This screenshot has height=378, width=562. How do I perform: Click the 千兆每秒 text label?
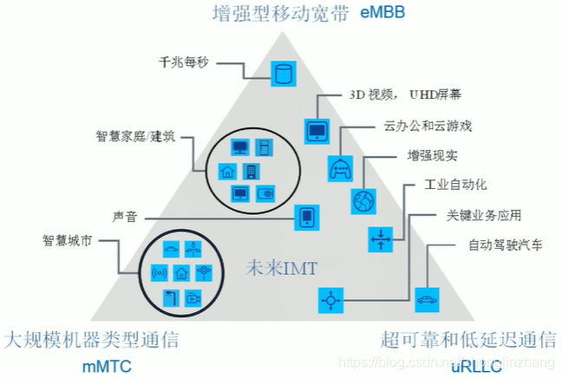(x=184, y=62)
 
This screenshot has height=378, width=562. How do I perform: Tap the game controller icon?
(x=339, y=167)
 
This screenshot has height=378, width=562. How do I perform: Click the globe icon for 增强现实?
(x=363, y=201)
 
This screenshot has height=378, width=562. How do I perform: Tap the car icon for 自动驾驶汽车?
(x=426, y=300)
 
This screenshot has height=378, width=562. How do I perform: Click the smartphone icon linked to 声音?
(x=306, y=218)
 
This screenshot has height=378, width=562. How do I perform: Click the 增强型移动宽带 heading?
(x=281, y=13)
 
